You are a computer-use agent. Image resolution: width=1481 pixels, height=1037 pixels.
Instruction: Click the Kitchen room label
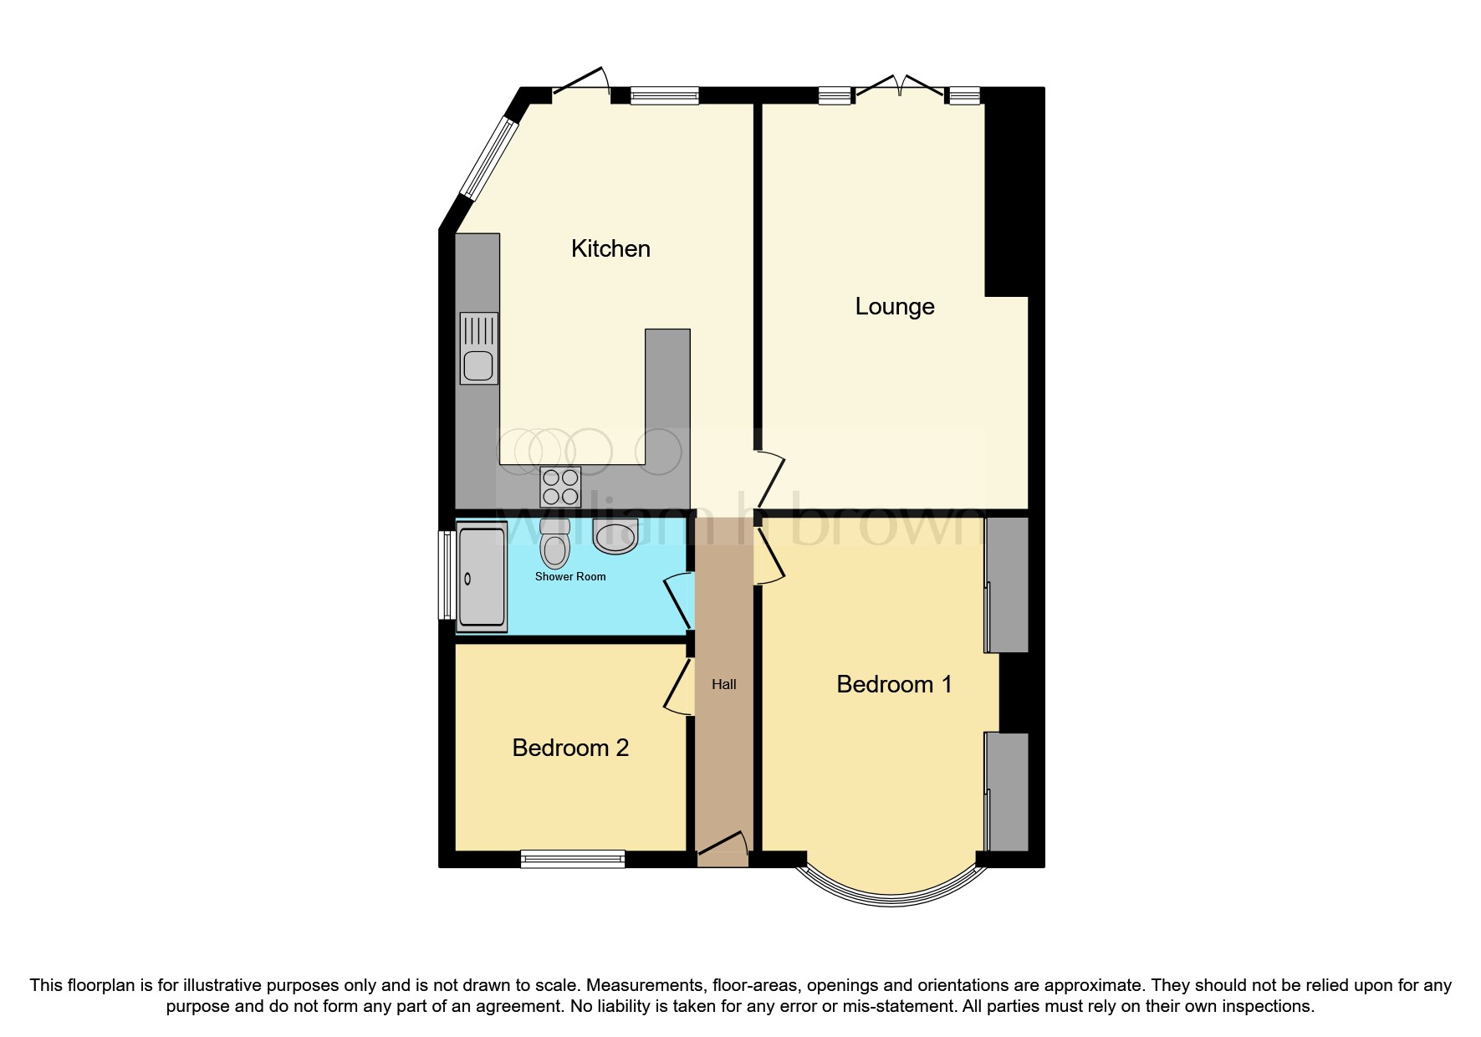coord(610,248)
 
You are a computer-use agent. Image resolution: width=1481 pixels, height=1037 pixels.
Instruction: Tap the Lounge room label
coord(894,306)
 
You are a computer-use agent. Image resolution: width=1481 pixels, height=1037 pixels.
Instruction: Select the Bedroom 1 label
coord(894,684)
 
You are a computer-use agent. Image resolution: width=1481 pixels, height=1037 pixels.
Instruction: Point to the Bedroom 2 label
coord(570,748)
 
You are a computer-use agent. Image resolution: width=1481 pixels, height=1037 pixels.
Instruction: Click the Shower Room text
coord(570,576)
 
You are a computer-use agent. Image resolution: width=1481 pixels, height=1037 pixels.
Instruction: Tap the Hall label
coord(724,684)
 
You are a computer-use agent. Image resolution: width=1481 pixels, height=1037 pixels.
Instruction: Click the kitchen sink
coord(478,349)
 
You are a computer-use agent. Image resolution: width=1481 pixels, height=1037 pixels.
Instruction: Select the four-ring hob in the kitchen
coord(560,487)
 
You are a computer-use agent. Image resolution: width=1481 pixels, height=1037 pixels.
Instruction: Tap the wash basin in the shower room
coord(615,536)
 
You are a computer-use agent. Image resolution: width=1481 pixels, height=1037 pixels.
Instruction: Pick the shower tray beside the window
coord(481,577)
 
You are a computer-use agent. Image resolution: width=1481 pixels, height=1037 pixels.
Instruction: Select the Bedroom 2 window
coord(572,858)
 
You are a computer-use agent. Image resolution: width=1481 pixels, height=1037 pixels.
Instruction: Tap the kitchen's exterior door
coord(581,84)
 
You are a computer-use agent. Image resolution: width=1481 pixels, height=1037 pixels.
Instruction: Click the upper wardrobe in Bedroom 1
coord(1007,585)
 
